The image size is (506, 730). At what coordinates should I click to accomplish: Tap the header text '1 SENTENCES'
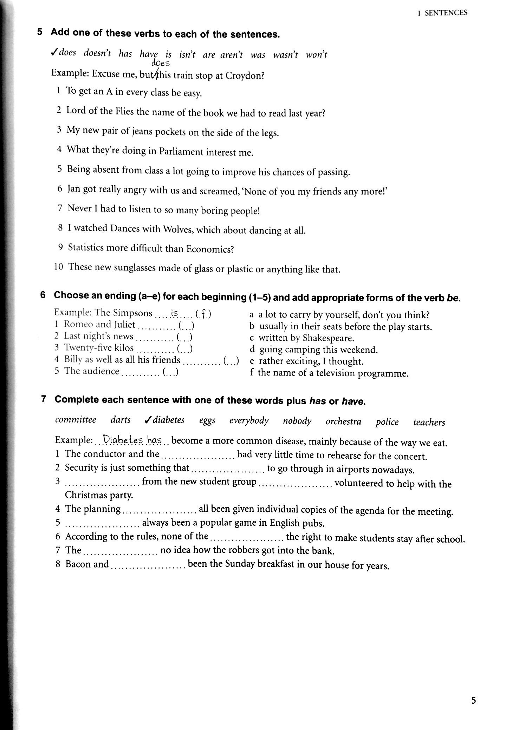coord(442,13)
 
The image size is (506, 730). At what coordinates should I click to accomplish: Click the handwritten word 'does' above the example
coord(161,64)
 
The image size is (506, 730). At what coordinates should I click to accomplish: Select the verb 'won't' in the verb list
coord(316,55)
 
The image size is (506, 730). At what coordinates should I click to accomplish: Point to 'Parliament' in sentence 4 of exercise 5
coord(181,151)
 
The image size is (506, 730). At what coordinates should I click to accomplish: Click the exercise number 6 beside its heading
coord(43,295)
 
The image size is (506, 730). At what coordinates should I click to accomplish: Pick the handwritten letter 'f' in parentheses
coord(203,313)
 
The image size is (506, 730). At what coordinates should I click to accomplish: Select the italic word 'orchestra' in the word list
coord(343,422)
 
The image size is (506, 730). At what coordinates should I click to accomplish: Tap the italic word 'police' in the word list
coord(387,422)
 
